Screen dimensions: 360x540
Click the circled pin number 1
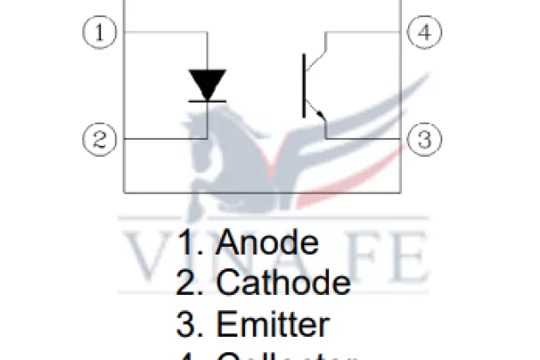[100, 33]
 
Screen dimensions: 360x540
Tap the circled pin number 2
[100, 139]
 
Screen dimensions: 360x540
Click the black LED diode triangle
[207, 85]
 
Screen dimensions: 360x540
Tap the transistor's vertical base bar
[304, 85]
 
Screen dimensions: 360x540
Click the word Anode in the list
[267, 243]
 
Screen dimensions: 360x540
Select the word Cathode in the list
[283, 283]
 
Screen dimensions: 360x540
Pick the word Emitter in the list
[272, 325]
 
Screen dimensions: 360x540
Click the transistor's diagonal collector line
[315, 53]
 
